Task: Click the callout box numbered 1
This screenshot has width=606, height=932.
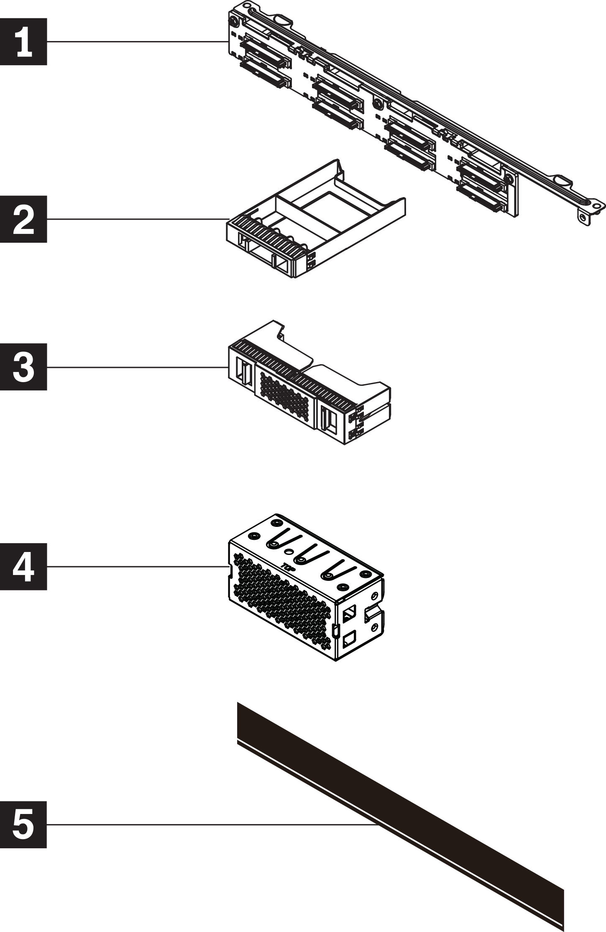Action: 23,41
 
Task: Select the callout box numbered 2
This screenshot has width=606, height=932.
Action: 23,219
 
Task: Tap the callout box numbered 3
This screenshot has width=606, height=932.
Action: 23,367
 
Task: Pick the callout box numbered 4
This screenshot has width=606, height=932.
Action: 23,567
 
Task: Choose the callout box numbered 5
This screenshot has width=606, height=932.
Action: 23,824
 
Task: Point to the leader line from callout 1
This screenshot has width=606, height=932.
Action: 137,41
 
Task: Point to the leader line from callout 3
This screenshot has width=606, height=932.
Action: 137,367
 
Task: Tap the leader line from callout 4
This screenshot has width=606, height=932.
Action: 137,567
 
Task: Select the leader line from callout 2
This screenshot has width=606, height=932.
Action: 137,219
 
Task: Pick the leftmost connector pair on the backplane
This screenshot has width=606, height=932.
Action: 265,62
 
